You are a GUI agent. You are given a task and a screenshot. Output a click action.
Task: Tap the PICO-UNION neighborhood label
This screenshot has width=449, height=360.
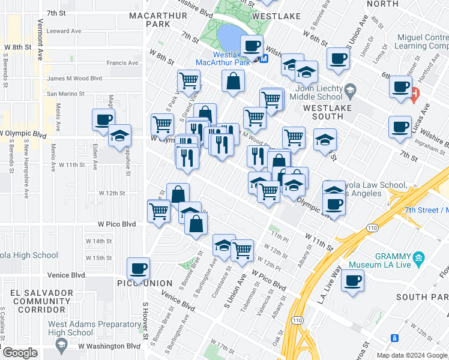point(145,283)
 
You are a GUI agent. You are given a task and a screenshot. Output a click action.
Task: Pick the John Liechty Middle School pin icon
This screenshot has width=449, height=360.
point(352,91)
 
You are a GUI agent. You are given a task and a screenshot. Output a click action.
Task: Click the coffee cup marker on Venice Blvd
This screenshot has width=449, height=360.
point(139,269)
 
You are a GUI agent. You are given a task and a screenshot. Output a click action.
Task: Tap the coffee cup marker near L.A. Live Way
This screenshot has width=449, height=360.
point(353,280)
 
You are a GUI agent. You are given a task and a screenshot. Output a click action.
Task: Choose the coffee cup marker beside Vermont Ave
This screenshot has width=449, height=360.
point(103,119)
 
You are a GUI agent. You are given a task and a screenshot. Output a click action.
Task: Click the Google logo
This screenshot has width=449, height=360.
point(20,352)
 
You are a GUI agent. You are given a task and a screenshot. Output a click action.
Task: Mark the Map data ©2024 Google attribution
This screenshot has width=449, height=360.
point(411,355)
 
